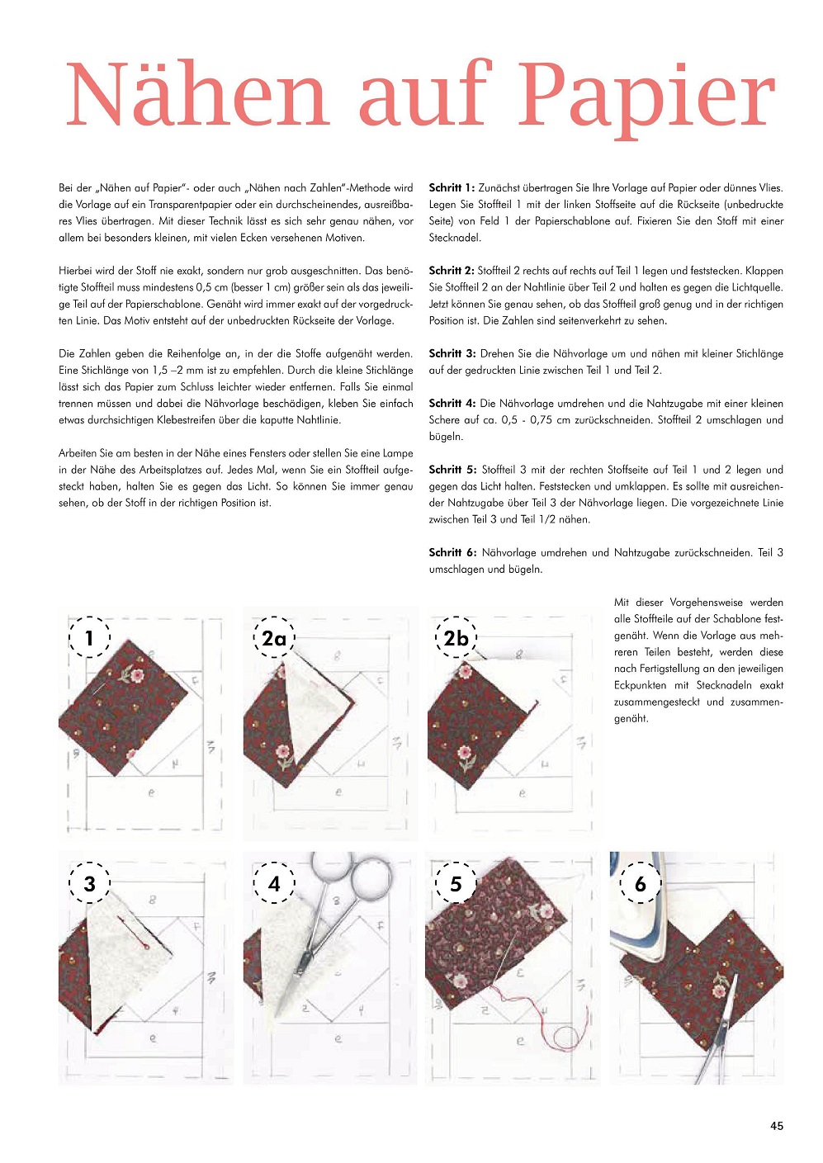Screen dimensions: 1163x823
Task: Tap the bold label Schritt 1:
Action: (x=451, y=188)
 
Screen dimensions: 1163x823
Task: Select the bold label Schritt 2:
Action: (x=451, y=271)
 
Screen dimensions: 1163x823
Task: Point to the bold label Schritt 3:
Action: (x=452, y=353)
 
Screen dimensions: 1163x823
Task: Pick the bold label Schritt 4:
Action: (x=452, y=404)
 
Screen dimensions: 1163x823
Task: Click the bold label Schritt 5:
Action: (x=452, y=470)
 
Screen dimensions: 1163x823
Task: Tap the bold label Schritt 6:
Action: (x=452, y=552)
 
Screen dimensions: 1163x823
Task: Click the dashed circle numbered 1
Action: (x=89, y=636)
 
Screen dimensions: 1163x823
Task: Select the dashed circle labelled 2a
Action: (x=274, y=637)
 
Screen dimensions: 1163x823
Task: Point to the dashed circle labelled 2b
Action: (x=456, y=637)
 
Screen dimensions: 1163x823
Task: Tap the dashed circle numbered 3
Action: (x=89, y=883)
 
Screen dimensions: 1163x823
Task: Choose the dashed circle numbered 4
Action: (x=274, y=883)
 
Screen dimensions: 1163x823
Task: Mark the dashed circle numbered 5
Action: (x=456, y=883)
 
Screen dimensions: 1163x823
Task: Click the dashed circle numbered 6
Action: (x=641, y=883)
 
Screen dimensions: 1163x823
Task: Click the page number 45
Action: (x=776, y=1126)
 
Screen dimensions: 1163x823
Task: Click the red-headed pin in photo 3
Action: (x=145, y=947)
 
